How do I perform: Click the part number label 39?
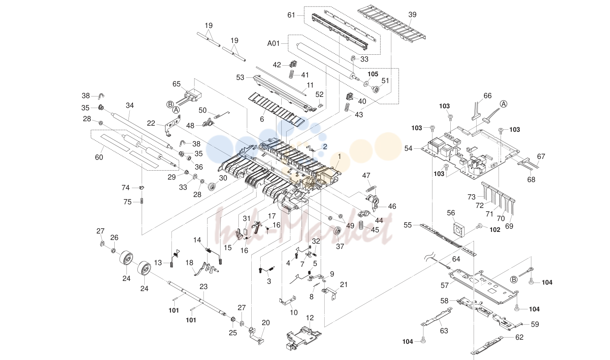point(412,15)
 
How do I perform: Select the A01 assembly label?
point(274,43)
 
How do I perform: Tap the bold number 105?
point(373,74)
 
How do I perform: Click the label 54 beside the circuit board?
point(408,148)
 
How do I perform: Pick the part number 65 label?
point(176,84)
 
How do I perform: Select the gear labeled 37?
point(338,232)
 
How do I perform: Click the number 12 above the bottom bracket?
point(310,318)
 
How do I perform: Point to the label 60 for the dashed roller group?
point(99,157)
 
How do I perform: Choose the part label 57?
point(444,285)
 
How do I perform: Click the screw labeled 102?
point(479,226)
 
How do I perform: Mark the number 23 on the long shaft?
point(203,287)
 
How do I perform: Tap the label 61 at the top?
point(291,15)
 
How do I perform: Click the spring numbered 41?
point(291,74)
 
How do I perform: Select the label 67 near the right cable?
point(541,156)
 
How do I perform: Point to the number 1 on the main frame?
point(339,156)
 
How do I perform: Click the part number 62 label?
point(519,337)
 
